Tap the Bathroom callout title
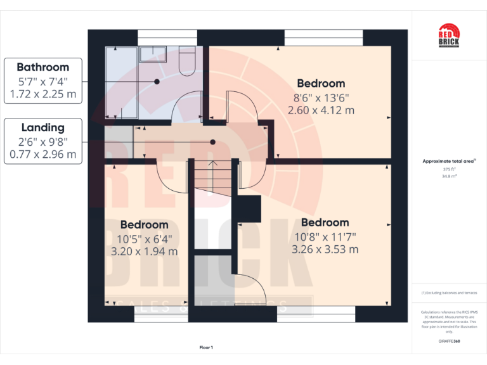42,67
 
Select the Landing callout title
42,127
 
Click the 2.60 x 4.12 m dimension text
321,110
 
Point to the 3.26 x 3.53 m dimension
325,249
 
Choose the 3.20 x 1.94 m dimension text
144,251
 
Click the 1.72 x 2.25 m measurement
42,94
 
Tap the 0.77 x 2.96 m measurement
42,154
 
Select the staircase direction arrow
213,167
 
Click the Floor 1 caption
206,347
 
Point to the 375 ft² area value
449,169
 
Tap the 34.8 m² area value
449,176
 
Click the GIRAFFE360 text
449,341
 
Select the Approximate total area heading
448,161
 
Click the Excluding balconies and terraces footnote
449,293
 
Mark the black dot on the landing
213,143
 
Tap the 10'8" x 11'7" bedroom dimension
325,236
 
